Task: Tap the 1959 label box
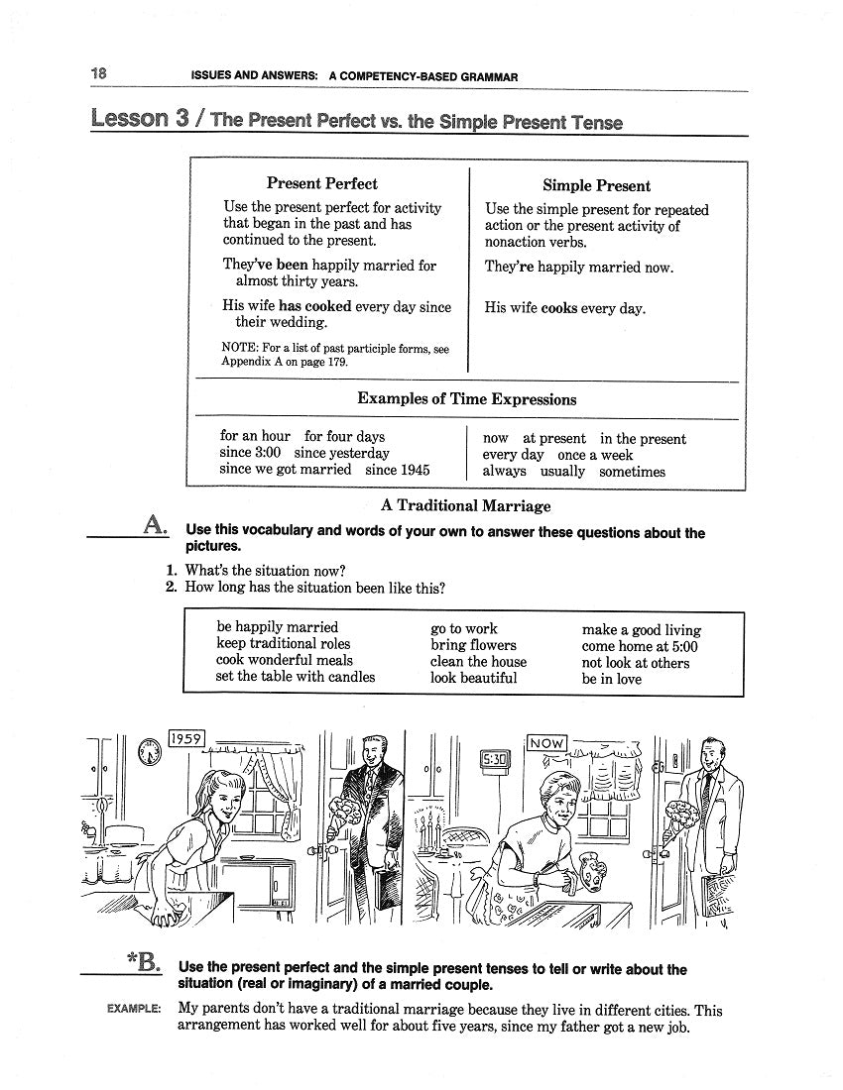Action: coord(186,738)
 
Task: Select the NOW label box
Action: coord(547,742)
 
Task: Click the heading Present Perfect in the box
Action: coord(321,183)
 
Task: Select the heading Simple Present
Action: coord(596,185)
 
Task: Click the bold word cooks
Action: coord(559,308)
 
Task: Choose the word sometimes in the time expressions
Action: coord(632,472)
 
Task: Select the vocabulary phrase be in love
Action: coord(611,679)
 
